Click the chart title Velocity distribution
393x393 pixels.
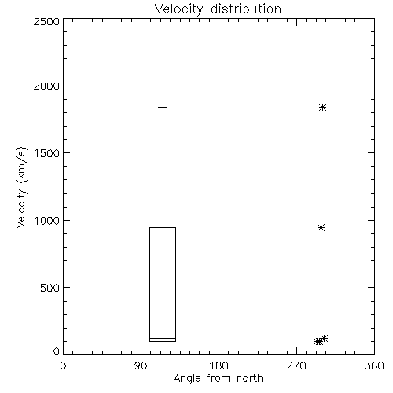(218, 9)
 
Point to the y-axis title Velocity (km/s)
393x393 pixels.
(21, 187)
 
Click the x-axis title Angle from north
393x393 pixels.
(218, 379)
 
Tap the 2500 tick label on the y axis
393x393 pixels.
(46, 21)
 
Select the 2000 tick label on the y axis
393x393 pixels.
(46, 86)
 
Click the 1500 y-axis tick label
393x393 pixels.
(47, 153)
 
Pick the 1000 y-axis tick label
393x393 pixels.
(47, 220)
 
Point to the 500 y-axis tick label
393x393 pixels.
(50, 288)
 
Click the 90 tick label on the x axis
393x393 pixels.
(141, 365)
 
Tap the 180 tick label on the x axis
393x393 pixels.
(219, 365)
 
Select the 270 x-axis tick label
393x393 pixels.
(296, 365)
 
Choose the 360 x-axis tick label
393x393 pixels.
(374, 365)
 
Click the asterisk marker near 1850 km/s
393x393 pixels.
(322, 107)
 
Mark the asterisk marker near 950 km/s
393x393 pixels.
(321, 227)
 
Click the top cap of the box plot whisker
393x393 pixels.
(163, 107)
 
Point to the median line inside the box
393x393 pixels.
(163, 338)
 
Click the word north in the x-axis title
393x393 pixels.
(250, 379)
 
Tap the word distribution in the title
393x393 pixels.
(246, 9)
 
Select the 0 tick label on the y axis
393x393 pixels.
(57, 351)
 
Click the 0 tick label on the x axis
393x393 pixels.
(63, 365)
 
